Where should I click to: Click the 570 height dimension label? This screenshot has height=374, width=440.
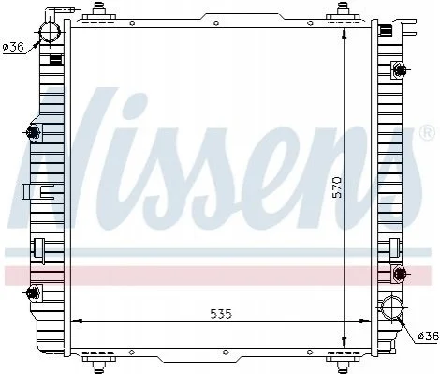tap(337, 187)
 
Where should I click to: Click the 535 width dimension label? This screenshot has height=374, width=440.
tap(221, 314)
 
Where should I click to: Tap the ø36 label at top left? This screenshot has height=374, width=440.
tap(13, 47)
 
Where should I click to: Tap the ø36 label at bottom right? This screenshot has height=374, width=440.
tap(428, 337)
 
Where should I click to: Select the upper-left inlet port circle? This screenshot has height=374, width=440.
tap(50, 32)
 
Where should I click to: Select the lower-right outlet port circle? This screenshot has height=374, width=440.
tap(391, 307)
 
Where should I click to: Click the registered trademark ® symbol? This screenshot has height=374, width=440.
tap(427, 132)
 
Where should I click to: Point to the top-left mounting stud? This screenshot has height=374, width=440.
tap(98, 9)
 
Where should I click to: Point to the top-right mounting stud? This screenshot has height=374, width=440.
tap(343, 9)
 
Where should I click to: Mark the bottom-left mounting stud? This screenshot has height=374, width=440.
tap(99, 363)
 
